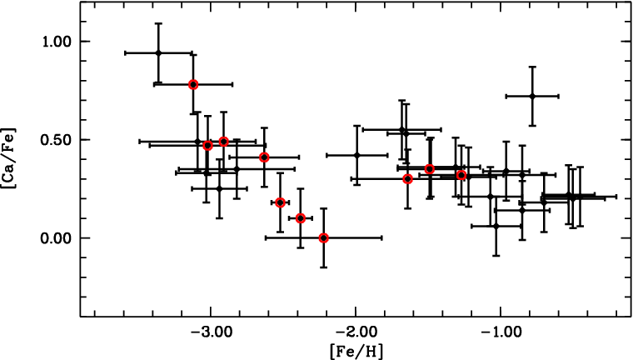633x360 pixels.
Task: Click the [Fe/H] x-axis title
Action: click(x=356, y=352)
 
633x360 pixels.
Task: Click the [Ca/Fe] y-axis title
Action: click(x=8, y=158)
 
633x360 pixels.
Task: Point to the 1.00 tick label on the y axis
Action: click(x=57, y=42)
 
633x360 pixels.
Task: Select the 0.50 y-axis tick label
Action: click(x=57, y=140)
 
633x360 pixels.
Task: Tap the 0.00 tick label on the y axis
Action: click(x=57, y=238)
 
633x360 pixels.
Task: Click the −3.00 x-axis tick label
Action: click(x=211, y=332)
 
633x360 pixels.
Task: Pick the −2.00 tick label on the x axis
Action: click(x=356, y=332)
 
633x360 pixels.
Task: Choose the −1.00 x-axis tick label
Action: click(x=501, y=332)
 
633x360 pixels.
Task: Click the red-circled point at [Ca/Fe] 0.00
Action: click(x=323, y=238)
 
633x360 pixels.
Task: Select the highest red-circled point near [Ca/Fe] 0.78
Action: click(x=193, y=84)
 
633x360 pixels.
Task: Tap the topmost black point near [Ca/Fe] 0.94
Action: click(x=158, y=53)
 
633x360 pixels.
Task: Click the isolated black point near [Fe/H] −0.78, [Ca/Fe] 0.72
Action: click(x=532, y=96)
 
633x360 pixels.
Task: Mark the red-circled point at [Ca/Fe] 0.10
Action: click(x=300, y=218)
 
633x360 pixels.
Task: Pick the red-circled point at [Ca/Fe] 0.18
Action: click(x=280, y=202)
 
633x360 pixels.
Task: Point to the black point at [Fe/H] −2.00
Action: click(x=356, y=155)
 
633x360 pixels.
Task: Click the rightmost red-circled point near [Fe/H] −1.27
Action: click(x=461, y=175)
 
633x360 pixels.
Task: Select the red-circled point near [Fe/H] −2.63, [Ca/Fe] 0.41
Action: click(x=264, y=157)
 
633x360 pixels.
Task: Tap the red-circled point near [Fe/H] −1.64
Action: click(x=408, y=178)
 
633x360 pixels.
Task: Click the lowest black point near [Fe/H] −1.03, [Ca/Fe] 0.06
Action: click(x=496, y=227)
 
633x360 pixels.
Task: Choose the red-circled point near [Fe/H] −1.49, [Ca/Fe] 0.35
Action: click(x=430, y=169)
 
